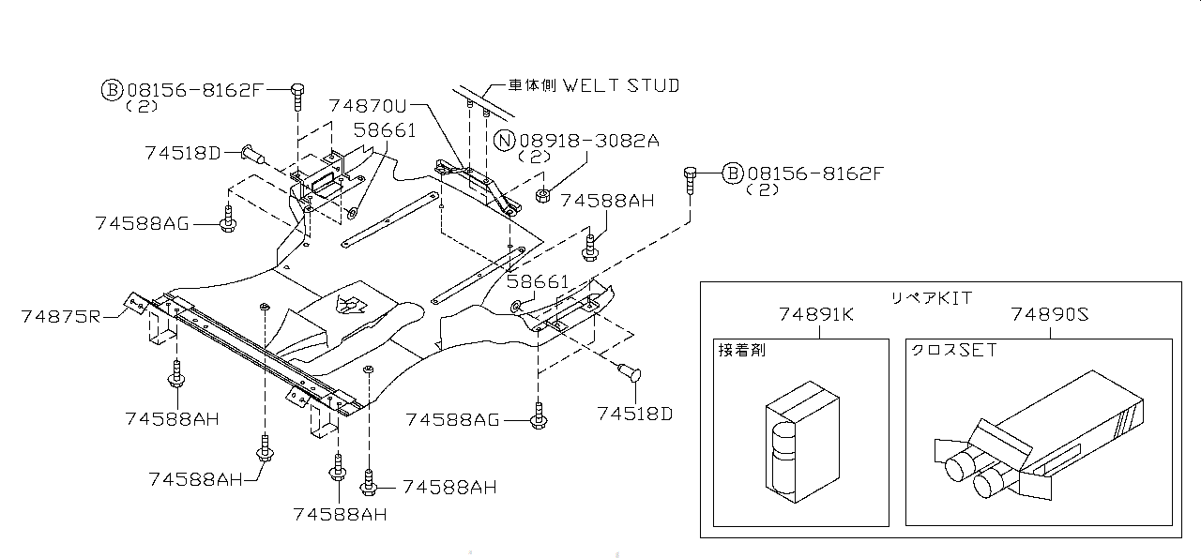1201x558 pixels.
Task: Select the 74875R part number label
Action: click(x=60, y=317)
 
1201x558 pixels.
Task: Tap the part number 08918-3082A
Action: click(x=589, y=141)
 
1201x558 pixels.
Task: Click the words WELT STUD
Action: click(x=620, y=85)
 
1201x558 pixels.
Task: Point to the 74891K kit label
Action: click(x=815, y=315)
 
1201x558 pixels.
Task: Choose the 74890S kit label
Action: click(x=1050, y=315)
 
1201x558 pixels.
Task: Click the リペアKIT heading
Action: click(x=931, y=297)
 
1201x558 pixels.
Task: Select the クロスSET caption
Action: click(x=953, y=350)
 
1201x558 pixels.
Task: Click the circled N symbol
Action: click(x=505, y=142)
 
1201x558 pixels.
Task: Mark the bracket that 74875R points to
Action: click(x=136, y=302)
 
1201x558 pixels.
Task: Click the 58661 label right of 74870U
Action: click(x=385, y=130)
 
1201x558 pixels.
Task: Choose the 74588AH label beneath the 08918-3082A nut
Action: click(x=607, y=200)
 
